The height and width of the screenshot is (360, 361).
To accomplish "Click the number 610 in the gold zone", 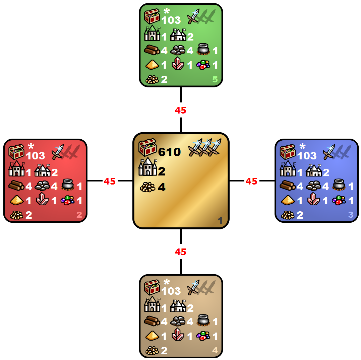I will (x=170, y=152).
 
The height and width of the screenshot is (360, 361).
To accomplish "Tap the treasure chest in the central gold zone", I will (x=147, y=147).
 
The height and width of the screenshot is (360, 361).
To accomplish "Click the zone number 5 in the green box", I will (x=215, y=80).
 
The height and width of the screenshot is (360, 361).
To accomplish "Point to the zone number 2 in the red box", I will (x=79, y=215).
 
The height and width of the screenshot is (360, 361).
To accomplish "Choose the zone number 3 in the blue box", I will (x=351, y=215).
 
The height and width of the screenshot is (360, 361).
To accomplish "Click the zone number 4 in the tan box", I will (x=215, y=351).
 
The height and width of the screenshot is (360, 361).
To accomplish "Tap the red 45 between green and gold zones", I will (x=181, y=111).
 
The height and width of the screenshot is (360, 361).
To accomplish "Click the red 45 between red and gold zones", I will (x=110, y=181).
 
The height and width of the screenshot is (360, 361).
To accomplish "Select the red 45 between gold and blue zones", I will (x=251, y=181).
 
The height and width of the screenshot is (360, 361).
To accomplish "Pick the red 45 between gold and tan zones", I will (x=181, y=252).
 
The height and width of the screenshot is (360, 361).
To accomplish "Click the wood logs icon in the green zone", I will (x=152, y=50).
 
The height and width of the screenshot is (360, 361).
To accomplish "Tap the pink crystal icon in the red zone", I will (x=42, y=200).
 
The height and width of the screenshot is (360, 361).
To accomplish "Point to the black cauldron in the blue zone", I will (x=339, y=185).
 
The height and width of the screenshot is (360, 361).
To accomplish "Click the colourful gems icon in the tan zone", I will (x=203, y=336).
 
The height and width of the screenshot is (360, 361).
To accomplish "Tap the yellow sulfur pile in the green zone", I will (x=152, y=64).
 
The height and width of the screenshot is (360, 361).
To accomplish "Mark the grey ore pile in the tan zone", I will (x=178, y=321).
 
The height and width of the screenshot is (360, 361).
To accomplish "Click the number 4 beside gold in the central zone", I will (x=162, y=187).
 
